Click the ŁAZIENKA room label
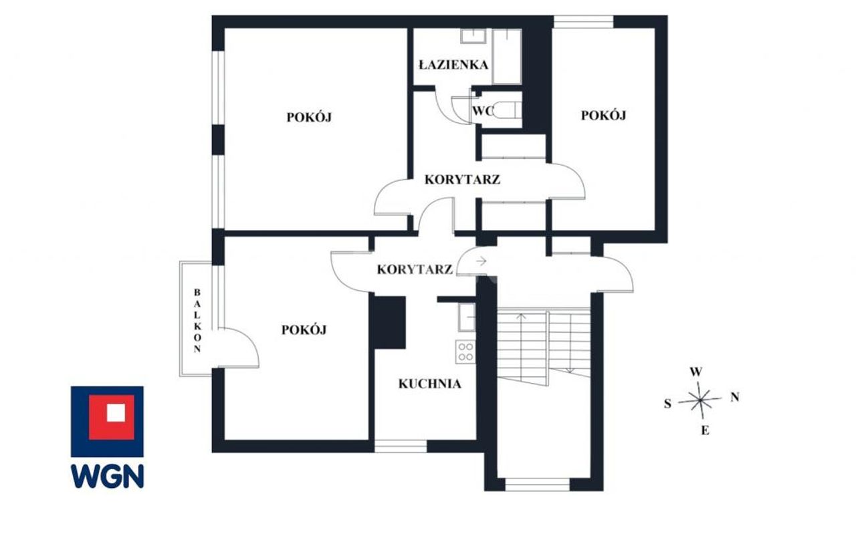coord(453,65)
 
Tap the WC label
coord(483,111)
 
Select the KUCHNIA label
coord(429,384)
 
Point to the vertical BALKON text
coord(197,321)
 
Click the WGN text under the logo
coord(108,476)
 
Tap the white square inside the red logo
coord(116,413)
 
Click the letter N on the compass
coord(734,397)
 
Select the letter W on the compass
coord(696,372)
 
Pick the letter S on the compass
coord(667,404)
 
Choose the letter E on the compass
coord(705,431)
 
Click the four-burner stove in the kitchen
coord(465,352)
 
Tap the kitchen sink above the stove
coord(467,317)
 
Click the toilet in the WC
coord(508,110)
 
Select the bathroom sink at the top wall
coord(473,36)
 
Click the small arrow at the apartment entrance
coord(481,261)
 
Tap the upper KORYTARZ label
coord(462,179)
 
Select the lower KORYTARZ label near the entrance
coord(415,269)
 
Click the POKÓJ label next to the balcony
coord(304,329)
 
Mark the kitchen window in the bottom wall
coord(401,446)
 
